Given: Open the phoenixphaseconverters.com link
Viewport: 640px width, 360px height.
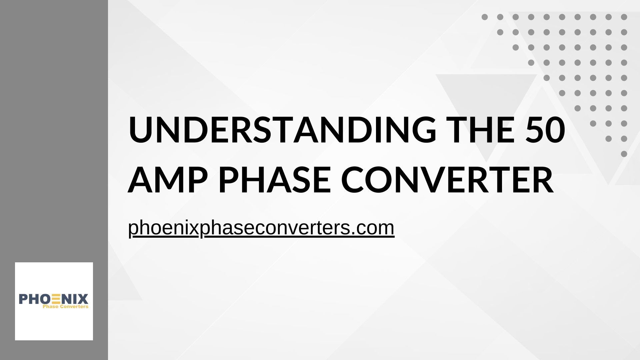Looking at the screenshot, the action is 261,228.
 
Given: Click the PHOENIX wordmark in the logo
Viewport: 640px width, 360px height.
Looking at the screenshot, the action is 54,299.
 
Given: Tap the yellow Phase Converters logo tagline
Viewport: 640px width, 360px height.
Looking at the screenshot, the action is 65,306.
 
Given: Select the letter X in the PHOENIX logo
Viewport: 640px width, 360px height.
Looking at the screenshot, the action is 83,299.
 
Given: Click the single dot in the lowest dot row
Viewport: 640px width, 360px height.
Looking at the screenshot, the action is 624,154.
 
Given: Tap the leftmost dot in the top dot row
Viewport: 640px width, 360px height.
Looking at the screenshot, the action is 485,17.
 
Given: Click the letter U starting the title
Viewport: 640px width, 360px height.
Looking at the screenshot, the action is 140,130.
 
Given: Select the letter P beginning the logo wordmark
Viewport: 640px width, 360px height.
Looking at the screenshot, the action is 23,299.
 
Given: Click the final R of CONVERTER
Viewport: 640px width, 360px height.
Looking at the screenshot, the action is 543,180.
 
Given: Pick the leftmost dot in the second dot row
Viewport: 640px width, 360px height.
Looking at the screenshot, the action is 500,32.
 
